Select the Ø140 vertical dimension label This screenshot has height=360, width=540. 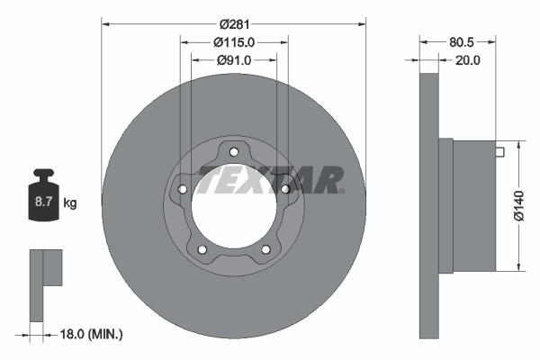point(519,205)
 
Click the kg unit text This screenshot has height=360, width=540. point(70,203)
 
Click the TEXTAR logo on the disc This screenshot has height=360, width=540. point(270,179)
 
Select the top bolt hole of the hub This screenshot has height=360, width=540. point(234,150)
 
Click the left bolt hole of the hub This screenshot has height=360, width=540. point(183,189)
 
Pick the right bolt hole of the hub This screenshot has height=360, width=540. point(285,189)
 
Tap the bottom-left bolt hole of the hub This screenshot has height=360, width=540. point(202,249)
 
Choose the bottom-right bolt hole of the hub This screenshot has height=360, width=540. point(265,249)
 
